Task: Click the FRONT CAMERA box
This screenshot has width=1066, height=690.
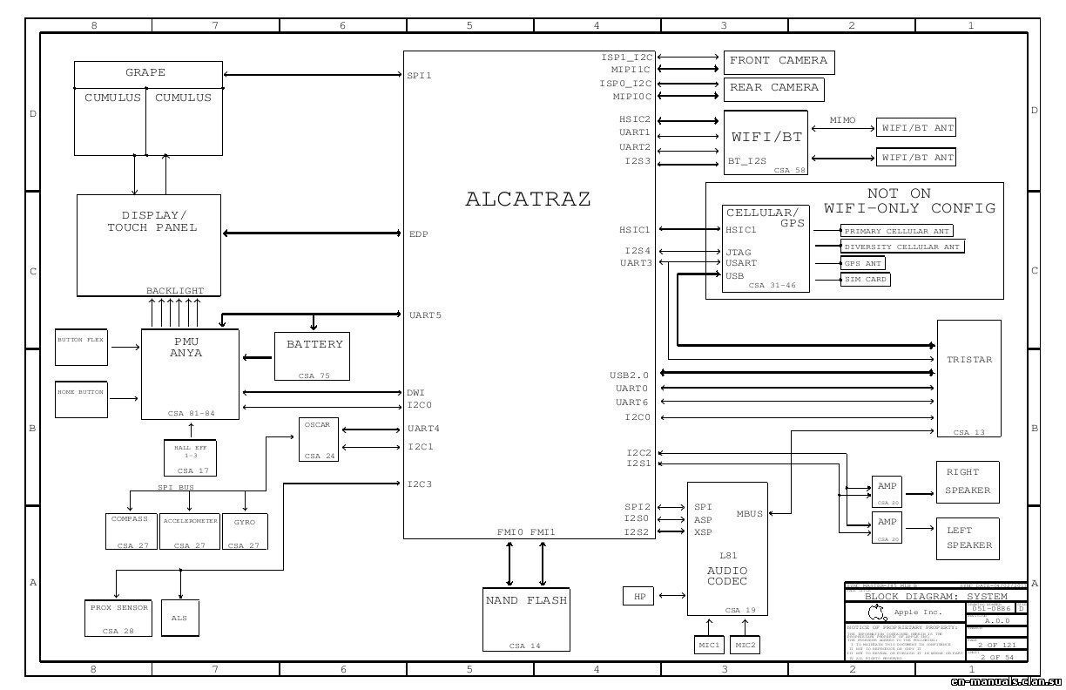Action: point(779,62)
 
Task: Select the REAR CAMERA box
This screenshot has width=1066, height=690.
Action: point(773,89)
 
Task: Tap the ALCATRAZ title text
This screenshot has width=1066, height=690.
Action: point(528,200)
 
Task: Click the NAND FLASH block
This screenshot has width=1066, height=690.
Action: point(525,619)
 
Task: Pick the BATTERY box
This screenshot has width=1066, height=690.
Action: point(314,355)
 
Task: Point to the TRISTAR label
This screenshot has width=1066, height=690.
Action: point(969,360)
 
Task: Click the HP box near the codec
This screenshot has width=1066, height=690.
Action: point(639,596)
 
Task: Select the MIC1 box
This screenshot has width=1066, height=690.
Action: point(708,645)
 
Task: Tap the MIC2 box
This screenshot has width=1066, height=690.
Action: point(746,645)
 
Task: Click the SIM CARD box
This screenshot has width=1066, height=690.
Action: point(865,280)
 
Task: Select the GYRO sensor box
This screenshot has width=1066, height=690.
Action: point(245,531)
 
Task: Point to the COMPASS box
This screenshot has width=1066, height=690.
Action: point(130,531)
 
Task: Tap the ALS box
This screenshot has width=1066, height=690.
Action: point(179,619)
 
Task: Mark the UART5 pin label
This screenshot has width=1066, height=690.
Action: point(425,315)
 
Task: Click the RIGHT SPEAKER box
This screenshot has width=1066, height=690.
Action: point(968,482)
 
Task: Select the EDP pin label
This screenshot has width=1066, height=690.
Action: point(418,234)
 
